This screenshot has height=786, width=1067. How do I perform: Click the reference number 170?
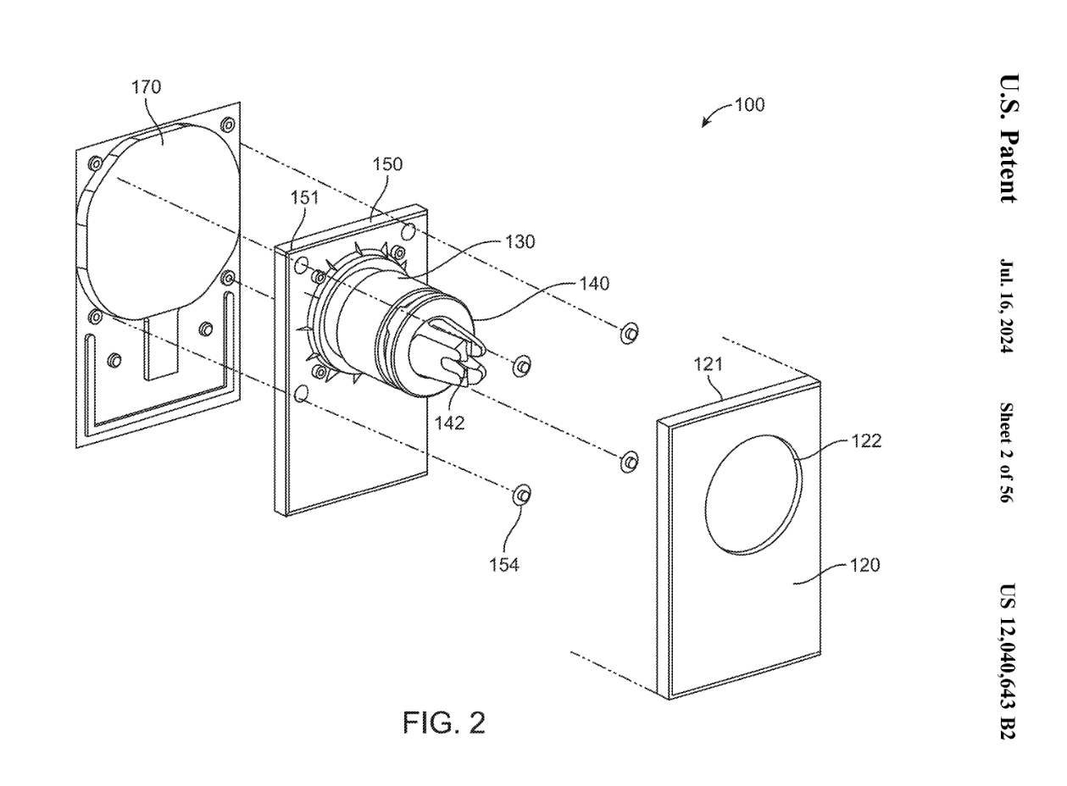[147, 86]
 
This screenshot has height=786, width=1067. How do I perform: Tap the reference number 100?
[749, 105]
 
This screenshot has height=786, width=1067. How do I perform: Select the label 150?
[387, 163]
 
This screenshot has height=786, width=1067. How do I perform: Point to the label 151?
[305, 197]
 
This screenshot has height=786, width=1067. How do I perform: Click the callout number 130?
[520, 241]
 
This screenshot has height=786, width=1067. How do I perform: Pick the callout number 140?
[592, 284]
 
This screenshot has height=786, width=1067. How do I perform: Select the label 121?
[709, 365]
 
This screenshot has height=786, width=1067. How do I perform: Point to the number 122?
[866, 440]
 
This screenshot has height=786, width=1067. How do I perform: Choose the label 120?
[864, 564]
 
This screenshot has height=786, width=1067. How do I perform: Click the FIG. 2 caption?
[444, 722]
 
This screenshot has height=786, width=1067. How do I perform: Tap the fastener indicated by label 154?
[522, 493]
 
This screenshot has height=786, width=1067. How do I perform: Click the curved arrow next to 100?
[715, 113]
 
